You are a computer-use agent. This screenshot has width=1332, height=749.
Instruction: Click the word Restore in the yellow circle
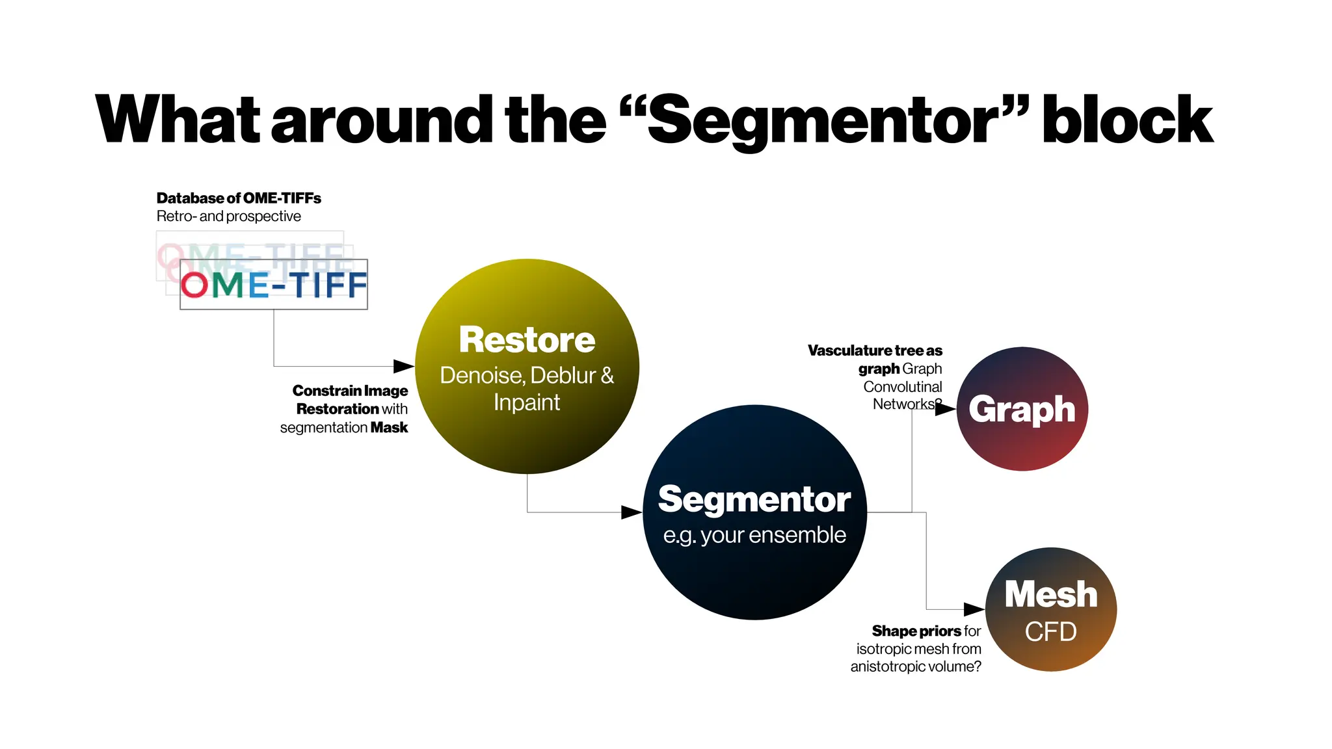click(x=527, y=340)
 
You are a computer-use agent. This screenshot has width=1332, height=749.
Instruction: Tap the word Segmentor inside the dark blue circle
click(x=754, y=499)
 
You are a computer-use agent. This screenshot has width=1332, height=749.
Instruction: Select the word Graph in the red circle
click(x=1022, y=410)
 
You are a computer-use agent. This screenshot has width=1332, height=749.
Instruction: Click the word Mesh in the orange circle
click(x=1051, y=594)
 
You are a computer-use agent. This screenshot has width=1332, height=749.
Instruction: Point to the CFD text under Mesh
click(x=1051, y=631)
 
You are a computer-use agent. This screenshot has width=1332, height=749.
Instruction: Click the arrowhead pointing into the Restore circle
click(x=404, y=366)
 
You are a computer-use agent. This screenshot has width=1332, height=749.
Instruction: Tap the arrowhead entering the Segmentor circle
click(x=632, y=512)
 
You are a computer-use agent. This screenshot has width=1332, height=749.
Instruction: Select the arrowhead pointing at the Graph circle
click(x=946, y=409)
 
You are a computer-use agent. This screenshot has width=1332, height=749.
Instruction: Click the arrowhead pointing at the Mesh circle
click(x=974, y=609)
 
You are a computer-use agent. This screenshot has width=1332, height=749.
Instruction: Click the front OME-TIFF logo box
click(x=274, y=285)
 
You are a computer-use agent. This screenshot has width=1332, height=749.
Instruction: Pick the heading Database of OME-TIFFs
click(x=239, y=198)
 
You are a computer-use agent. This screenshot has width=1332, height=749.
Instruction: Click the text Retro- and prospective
click(x=228, y=217)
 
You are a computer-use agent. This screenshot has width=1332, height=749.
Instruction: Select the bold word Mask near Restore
click(x=389, y=428)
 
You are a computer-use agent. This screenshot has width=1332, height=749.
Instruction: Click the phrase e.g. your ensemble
click(x=754, y=535)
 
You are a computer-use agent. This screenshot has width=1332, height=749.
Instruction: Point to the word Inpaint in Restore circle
click(x=527, y=402)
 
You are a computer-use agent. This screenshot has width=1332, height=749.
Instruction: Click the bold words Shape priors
click(x=916, y=631)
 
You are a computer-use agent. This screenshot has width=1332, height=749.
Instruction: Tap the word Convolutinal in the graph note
click(x=902, y=387)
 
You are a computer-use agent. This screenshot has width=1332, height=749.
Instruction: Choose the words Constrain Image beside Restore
click(x=350, y=391)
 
